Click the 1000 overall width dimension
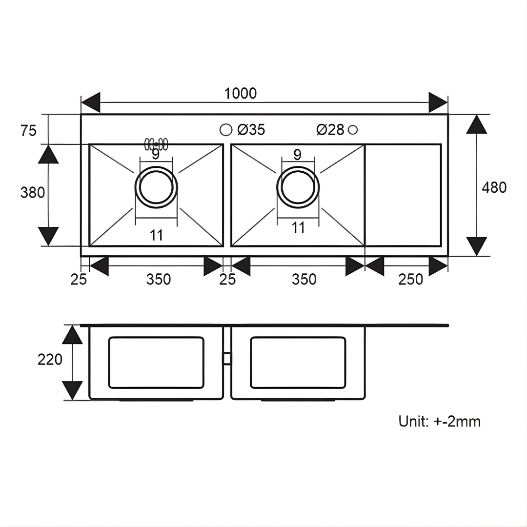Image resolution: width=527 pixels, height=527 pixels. coord(240,93)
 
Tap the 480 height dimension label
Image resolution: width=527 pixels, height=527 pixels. coord(494,187)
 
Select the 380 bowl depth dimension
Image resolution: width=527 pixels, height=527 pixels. coord(33,193)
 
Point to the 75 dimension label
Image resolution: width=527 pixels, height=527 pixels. coord(28,130)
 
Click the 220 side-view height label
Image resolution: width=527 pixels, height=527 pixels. coord(50,360)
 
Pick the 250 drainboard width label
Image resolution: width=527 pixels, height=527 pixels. coord(410,279)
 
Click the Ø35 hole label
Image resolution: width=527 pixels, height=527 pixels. coord(251,129)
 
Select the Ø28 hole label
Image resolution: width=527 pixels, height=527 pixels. coord(330,129)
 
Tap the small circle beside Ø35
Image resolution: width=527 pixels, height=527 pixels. coord(226,130)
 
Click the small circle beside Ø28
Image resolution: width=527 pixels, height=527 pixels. coord(353,129)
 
